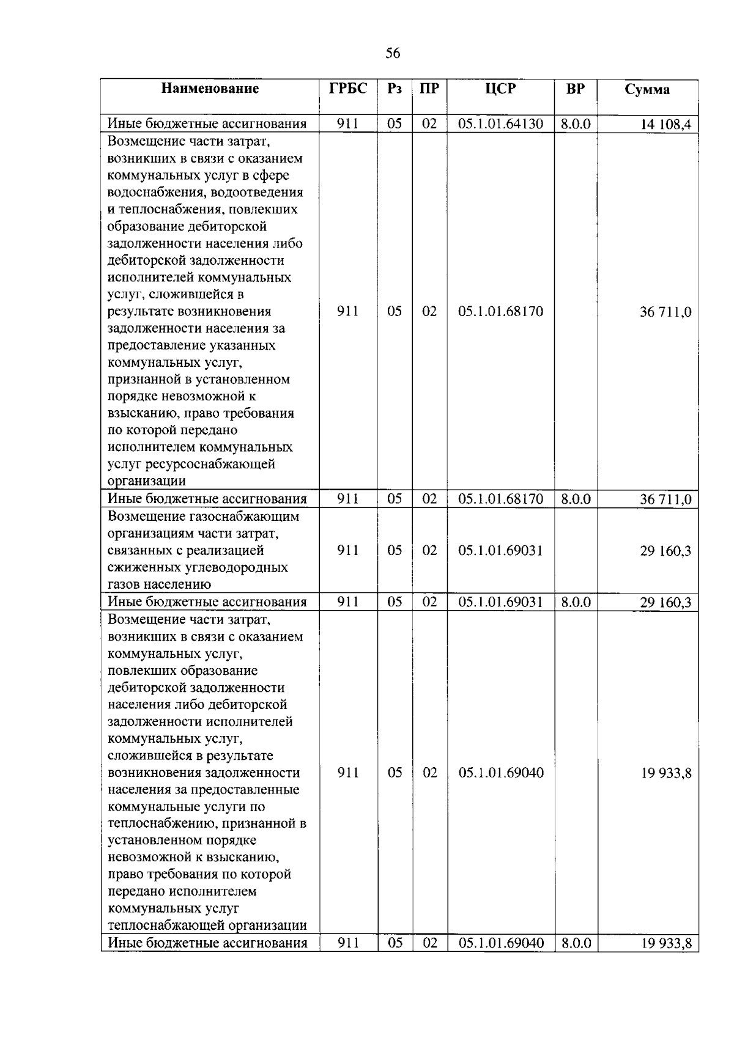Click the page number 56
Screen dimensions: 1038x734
(393, 54)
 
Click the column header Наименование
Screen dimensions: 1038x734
(210, 89)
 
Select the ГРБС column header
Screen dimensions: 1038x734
(348, 89)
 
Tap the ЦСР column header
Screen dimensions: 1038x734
(500, 89)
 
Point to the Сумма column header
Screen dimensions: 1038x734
(647, 90)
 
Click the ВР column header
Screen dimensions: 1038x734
(575, 89)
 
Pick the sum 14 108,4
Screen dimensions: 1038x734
(665, 125)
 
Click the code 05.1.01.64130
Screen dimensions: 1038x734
(500, 124)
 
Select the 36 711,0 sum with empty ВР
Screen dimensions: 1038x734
(665, 312)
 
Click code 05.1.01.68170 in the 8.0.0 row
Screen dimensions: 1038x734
(500, 499)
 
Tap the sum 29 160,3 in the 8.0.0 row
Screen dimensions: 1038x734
(665, 603)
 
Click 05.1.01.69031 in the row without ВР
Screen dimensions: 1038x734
(500, 551)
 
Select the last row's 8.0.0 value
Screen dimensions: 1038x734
(576, 943)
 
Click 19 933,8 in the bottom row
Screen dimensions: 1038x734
(666, 943)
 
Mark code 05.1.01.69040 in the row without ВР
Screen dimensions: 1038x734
(500, 773)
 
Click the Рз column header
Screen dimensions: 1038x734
(395, 89)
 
